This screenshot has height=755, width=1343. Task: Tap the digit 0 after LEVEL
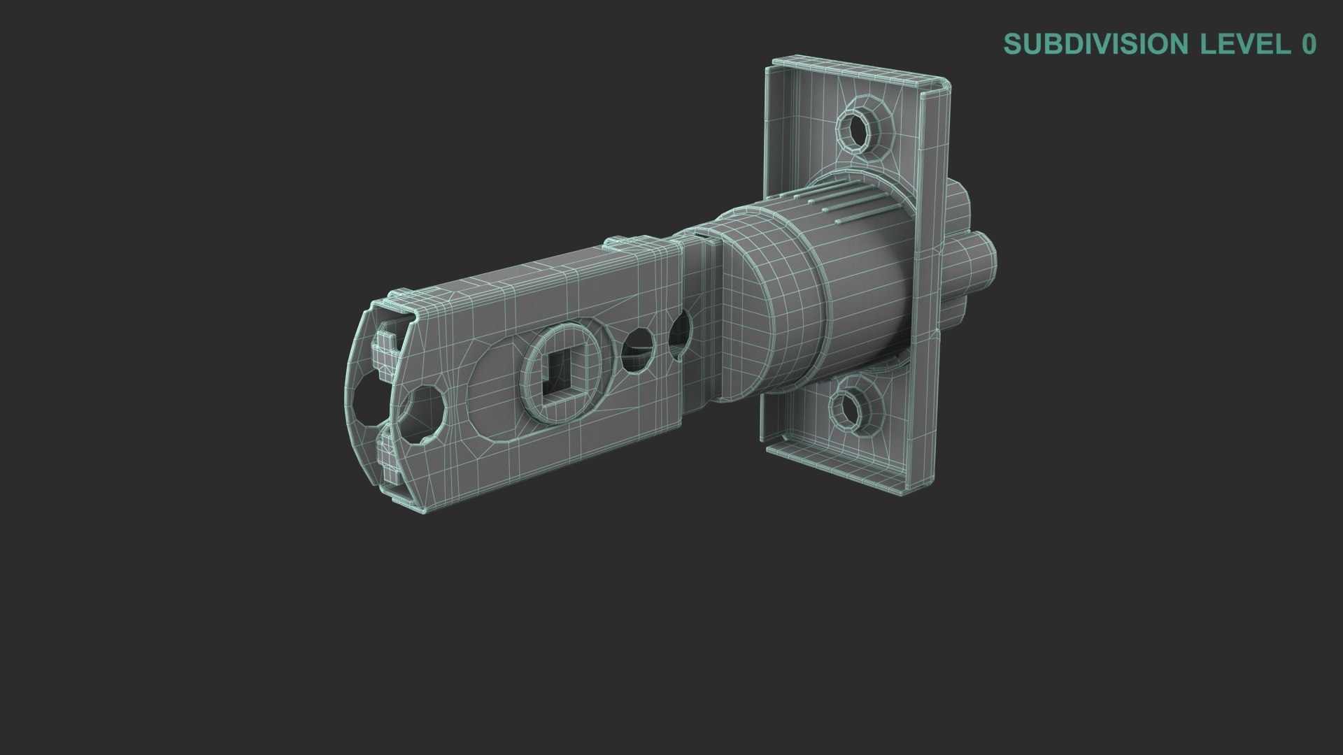pyautogui.click(x=1309, y=44)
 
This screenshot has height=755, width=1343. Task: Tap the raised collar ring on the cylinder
pyautogui.click(x=766, y=308)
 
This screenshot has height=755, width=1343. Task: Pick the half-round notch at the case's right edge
pyautogui.click(x=679, y=334)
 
